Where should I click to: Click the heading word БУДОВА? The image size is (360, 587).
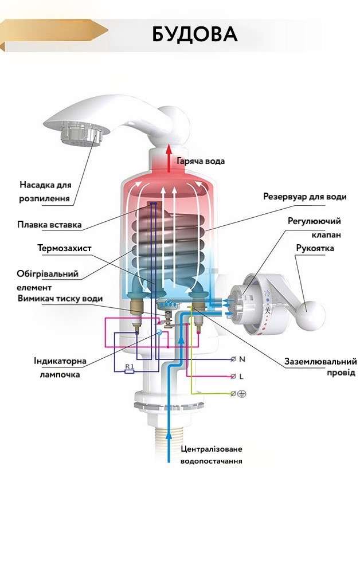(194, 34)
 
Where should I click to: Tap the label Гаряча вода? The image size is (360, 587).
(200, 161)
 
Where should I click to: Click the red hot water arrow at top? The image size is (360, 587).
(169, 158)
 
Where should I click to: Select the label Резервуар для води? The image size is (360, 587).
(304, 197)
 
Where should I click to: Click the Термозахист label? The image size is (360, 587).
(64, 248)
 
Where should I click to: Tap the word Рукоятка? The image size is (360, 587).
(315, 248)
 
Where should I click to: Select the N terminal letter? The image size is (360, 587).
(241, 359)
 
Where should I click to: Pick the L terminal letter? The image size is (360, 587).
(241, 377)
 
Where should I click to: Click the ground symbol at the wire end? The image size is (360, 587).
(241, 394)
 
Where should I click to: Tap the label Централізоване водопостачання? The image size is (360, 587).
(211, 455)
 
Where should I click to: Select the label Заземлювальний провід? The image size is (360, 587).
(321, 367)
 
